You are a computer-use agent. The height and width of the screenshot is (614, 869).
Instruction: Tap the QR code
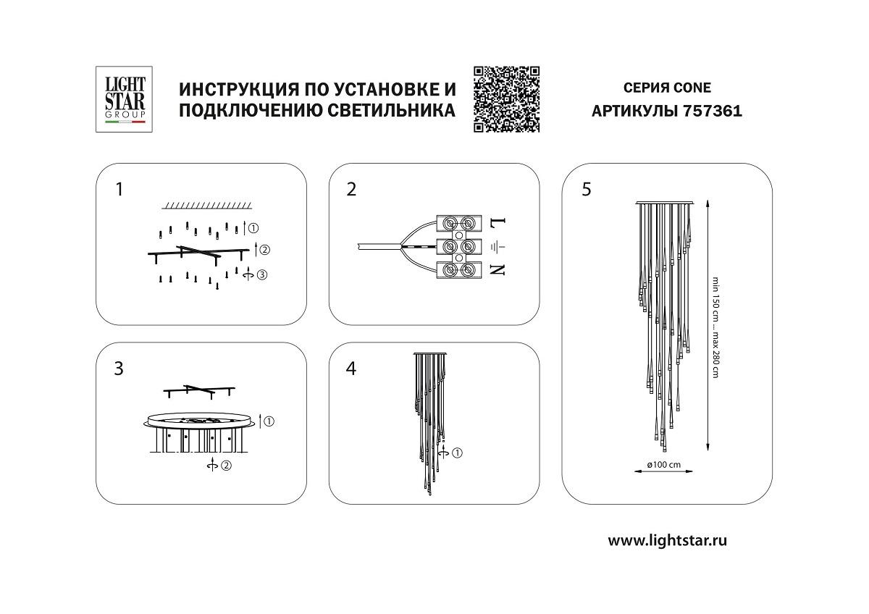507,99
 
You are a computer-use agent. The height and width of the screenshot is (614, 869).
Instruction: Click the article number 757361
713,112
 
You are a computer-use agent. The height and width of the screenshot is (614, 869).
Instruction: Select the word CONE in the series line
692,88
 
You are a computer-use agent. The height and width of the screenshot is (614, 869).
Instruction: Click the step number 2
352,190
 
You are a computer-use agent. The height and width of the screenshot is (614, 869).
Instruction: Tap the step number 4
352,369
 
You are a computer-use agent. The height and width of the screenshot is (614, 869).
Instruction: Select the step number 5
586,190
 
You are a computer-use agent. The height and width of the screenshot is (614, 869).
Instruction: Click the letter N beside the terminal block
498,270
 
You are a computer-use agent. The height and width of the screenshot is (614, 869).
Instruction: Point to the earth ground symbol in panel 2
498,247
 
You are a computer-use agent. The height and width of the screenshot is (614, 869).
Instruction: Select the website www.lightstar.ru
667,540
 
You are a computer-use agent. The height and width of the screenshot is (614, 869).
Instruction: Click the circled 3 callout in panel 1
261,274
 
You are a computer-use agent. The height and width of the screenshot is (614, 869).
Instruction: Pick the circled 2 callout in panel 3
226,466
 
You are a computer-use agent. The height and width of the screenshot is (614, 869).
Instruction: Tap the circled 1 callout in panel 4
457,453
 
